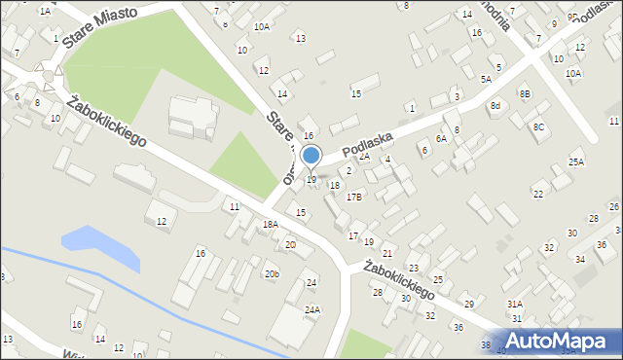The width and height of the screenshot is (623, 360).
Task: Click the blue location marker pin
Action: click(311, 156)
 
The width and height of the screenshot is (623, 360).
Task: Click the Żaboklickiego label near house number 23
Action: click(397, 278)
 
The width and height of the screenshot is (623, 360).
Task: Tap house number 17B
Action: click(354, 197)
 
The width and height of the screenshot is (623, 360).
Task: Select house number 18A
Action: click(270, 224)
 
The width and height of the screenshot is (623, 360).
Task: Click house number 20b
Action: click(272, 274)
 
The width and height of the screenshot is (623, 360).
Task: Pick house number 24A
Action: click(311, 310)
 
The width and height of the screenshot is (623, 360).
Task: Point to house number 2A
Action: click(365, 156)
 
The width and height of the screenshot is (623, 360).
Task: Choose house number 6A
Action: click(441, 139)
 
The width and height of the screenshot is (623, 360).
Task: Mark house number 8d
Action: click(495, 105)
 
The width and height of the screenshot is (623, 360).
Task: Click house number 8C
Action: click(538, 127)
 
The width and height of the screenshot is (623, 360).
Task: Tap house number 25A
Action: click(576, 162)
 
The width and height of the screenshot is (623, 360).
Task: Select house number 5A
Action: click(485, 79)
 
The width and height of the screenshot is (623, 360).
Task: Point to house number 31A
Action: click(515, 304)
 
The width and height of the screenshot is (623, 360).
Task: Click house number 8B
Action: click(525, 93)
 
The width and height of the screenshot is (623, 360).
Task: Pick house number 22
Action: click(537, 195)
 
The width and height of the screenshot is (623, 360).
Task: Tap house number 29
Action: click(468, 305)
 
